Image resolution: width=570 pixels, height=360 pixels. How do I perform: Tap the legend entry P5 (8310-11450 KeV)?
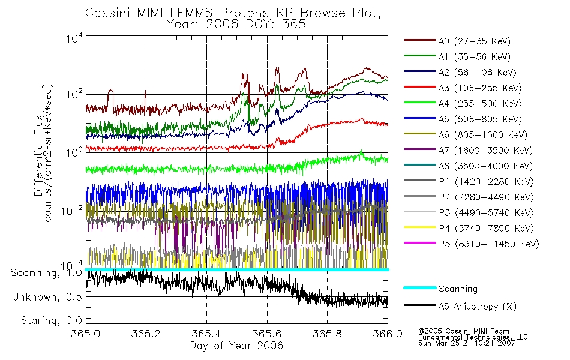click(x=488, y=244)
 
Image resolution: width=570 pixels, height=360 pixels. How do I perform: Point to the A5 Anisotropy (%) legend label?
click(x=476, y=307)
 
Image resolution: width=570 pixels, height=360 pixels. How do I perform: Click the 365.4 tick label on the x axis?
click(x=206, y=334)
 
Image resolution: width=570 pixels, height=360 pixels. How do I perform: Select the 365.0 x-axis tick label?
click(x=86, y=334)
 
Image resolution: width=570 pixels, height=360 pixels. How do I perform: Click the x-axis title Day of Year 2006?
click(x=236, y=346)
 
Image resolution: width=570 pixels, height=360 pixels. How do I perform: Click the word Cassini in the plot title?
click(x=107, y=13)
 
